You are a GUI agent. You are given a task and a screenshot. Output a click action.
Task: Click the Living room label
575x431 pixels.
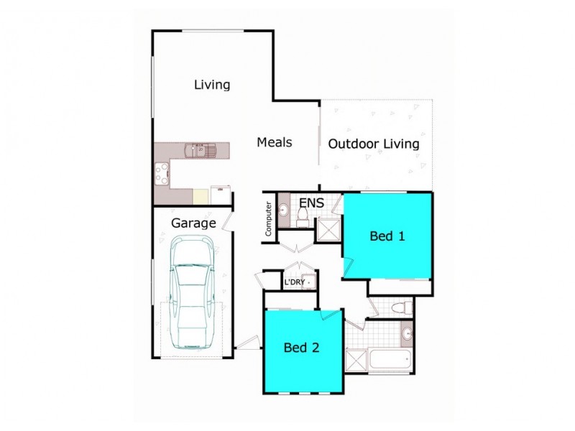[212, 85]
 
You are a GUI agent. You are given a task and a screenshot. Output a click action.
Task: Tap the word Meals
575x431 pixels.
[275, 142]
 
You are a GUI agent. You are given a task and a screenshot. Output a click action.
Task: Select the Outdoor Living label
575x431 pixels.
[373, 144]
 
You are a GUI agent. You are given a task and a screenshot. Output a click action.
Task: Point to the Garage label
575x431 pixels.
[193, 223]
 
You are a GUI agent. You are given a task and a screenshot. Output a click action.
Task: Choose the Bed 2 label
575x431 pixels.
[301, 348]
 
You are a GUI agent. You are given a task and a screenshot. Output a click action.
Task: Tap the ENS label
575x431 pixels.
[311, 203]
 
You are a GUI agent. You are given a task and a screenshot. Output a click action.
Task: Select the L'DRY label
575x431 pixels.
[294, 282]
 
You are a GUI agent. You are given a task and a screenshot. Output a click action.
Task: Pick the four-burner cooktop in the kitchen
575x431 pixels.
[162, 172]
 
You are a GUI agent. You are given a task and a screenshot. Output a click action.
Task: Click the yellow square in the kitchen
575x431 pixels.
[201, 195]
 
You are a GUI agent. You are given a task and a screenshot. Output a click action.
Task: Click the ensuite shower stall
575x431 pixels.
[330, 230]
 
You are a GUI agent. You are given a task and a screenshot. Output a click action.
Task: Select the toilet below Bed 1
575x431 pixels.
[402, 308]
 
